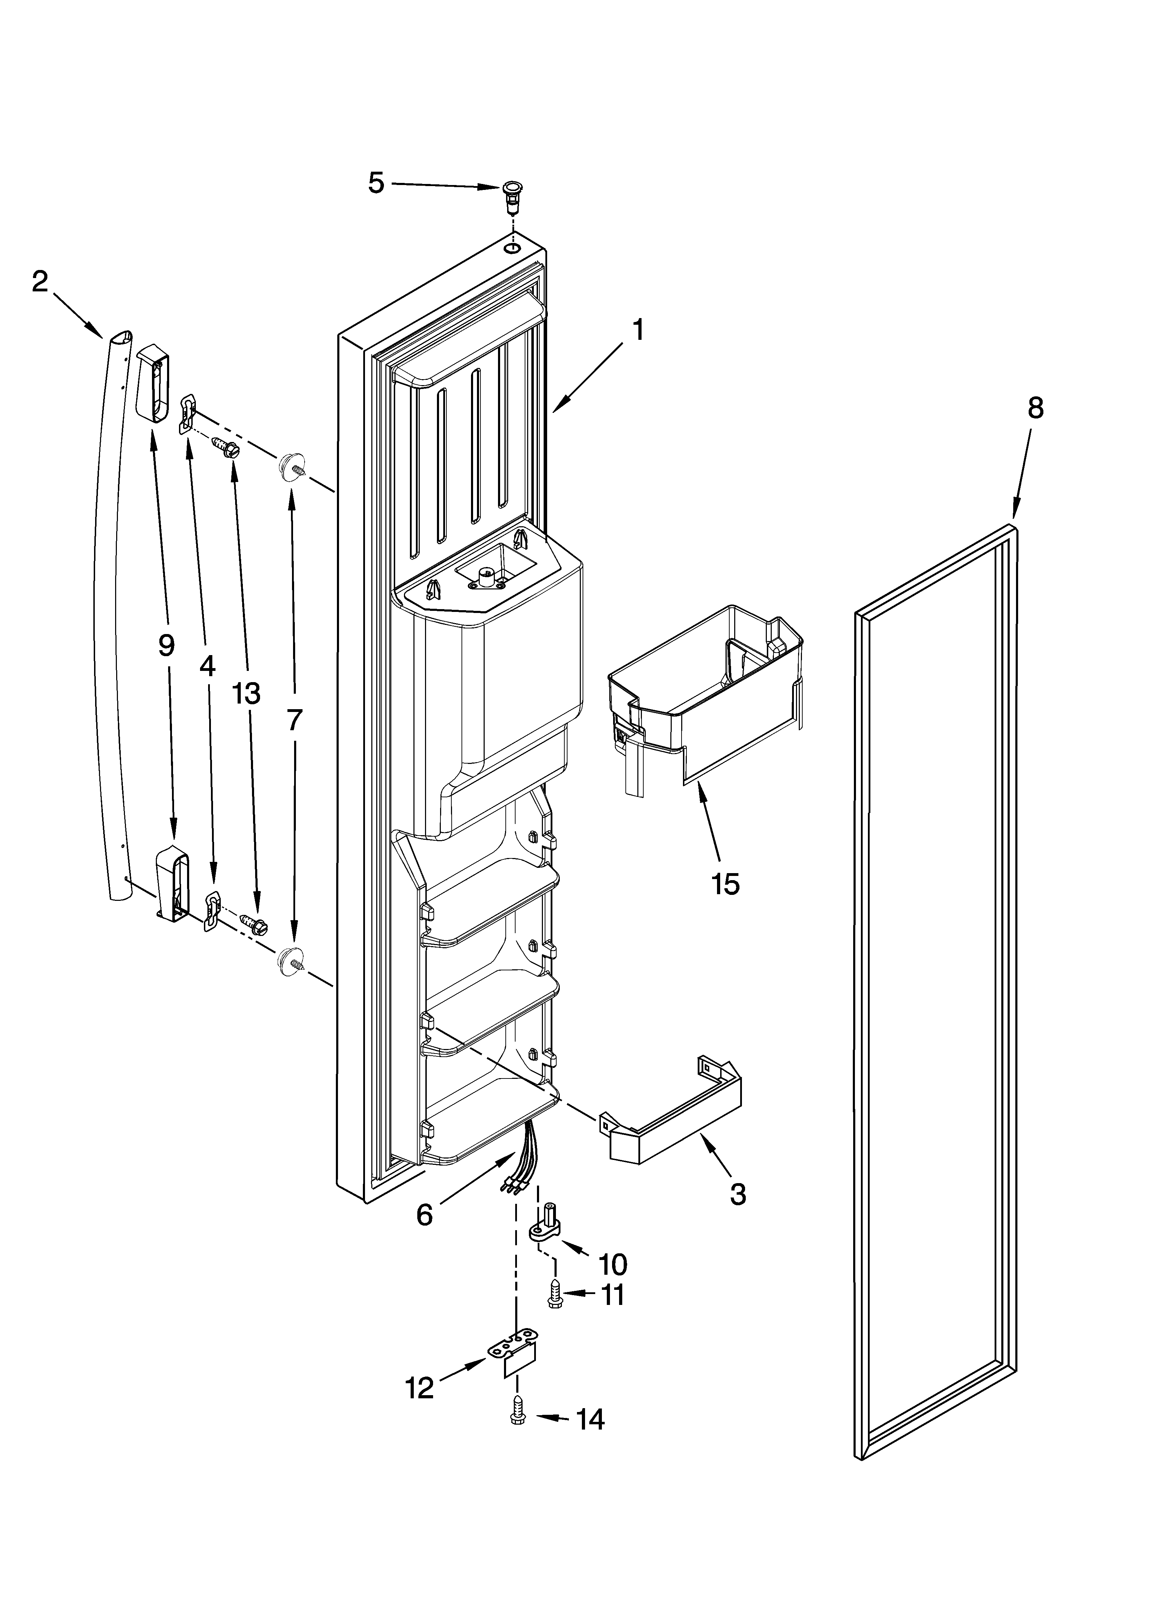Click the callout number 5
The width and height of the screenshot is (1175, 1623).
point(376,183)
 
